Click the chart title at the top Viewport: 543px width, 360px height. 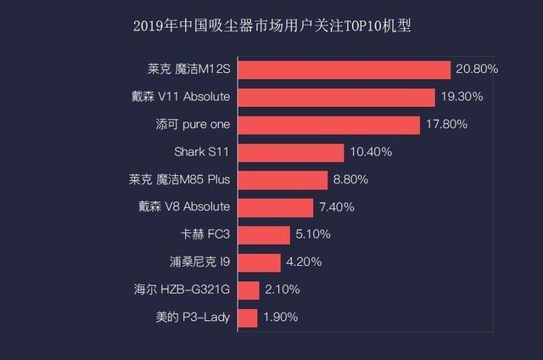click(271, 25)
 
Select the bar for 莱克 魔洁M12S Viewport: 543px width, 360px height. click(344, 70)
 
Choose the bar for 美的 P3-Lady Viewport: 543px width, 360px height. click(248, 318)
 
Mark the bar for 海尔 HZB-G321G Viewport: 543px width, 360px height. click(249, 290)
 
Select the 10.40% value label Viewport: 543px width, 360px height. click(371, 152)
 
